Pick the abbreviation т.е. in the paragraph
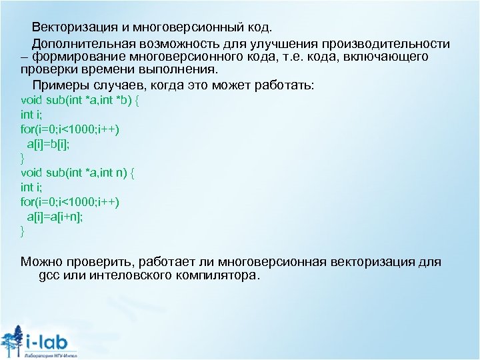(x=297, y=57)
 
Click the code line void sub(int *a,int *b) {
(x=79, y=100)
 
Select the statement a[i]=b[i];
(x=48, y=143)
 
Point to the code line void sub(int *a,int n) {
(x=78, y=173)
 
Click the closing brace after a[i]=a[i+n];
(x=23, y=231)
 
